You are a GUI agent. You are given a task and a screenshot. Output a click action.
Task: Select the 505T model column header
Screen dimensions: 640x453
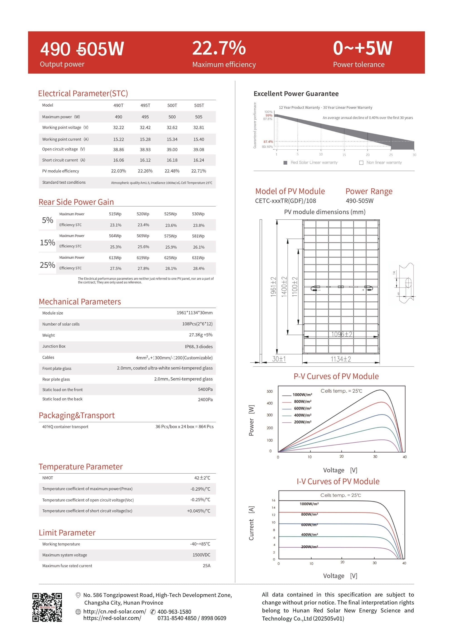(x=199, y=105)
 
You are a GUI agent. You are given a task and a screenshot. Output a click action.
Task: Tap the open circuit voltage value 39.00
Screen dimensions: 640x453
(x=172, y=150)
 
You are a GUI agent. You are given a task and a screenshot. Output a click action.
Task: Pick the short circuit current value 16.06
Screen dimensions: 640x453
(x=118, y=160)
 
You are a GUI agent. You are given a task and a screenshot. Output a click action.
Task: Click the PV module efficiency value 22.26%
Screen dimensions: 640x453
(x=145, y=171)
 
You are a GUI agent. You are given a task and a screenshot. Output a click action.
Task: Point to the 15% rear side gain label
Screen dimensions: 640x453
(x=47, y=242)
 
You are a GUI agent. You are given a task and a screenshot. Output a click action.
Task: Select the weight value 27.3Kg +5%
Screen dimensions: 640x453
(x=200, y=335)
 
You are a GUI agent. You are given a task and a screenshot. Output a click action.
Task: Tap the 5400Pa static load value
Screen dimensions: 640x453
(x=205, y=389)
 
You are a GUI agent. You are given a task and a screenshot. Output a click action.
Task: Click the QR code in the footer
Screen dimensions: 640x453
(x=47, y=607)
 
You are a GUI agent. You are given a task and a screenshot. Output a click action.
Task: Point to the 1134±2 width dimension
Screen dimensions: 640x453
(x=341, y=359)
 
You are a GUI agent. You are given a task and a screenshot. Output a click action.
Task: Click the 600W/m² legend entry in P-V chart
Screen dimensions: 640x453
(x=302, y=408)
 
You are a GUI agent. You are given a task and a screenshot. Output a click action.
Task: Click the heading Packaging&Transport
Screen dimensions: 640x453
(x=77, y=415)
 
